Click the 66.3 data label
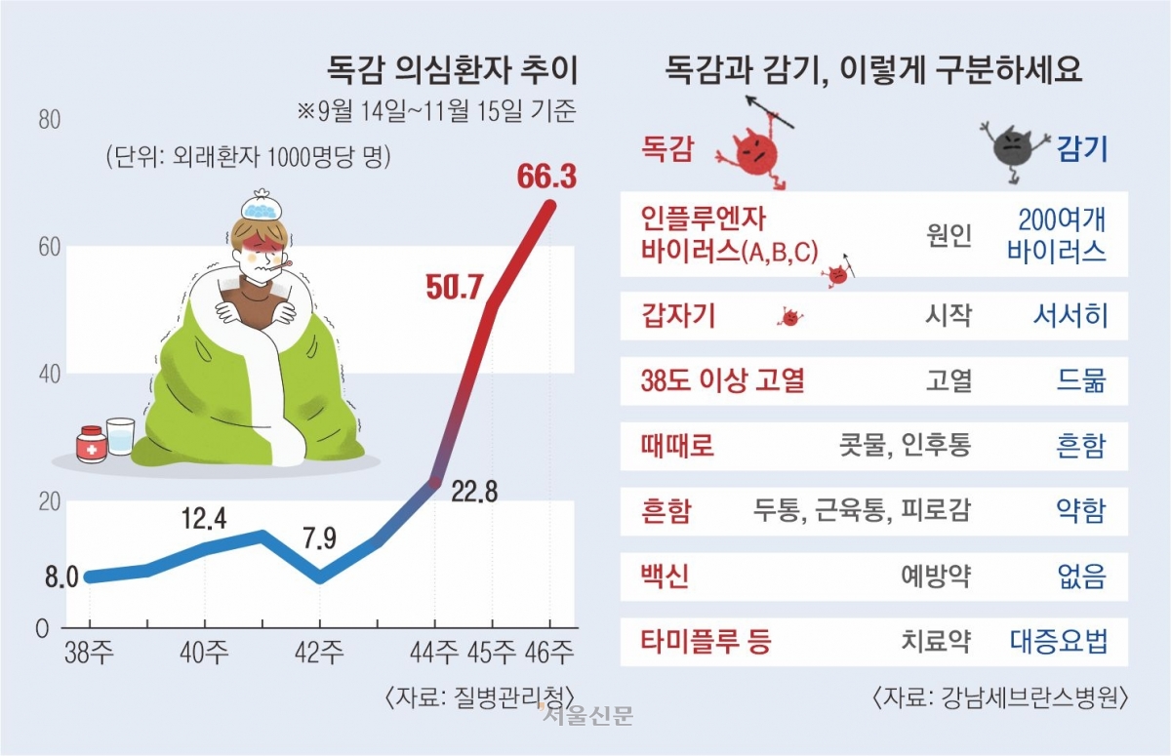tap(545, 178)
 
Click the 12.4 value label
tap(205, 519)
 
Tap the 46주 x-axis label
tap(549, 652)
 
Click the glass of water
tap(121, 435)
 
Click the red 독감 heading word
tap(667, 148)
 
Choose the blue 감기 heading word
tap(1082, 148)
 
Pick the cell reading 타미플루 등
tap(706, 642)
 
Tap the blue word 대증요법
tap(1059, 642)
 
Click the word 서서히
tap(1070, 315)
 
